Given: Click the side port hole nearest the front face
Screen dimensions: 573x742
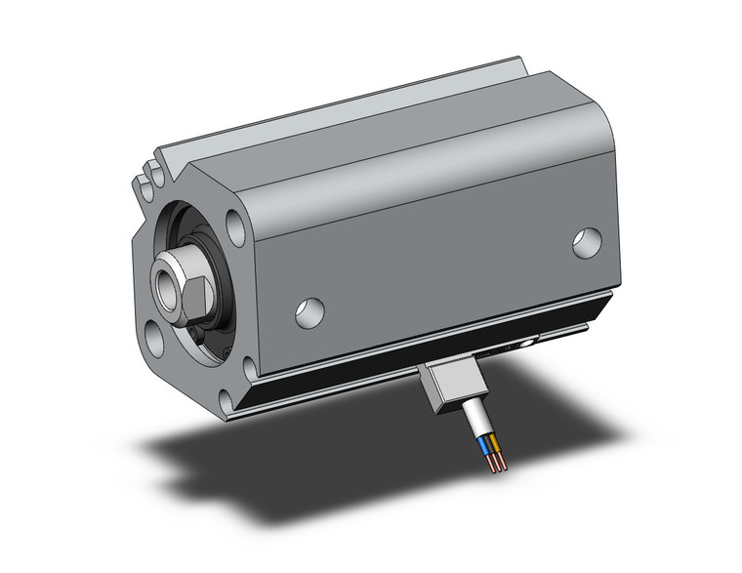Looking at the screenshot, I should point(310,310).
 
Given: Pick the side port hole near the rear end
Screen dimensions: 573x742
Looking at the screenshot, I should point(587,243).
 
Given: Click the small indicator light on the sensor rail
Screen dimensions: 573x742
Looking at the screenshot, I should point(527,343).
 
